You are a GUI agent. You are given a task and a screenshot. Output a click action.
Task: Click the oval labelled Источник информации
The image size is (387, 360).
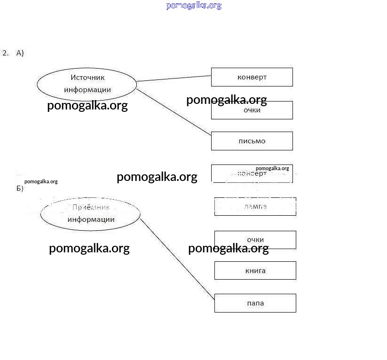(x=87, y=84)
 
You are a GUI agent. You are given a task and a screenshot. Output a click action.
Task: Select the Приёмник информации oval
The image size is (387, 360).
(x=90, y=214)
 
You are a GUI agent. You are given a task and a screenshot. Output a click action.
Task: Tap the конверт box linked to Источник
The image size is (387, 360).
(x=252, y=77)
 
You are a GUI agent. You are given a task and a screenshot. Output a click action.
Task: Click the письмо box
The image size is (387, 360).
(x=252, y=141)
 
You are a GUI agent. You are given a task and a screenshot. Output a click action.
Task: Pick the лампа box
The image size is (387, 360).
(x=255, y=206)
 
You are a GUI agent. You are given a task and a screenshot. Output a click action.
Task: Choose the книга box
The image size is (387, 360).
(x=255, y=271)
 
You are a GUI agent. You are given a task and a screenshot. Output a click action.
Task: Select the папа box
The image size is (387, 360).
(x=255, y=303)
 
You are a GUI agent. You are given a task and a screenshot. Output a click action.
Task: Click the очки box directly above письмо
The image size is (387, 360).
(x=252, y=110)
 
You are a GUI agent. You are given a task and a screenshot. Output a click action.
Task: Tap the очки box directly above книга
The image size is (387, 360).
(x=255, y=240)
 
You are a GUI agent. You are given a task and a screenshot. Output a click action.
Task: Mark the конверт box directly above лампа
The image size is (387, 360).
(x=252, y=173)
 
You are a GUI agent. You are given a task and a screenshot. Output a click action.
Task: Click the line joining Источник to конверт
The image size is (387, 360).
(x=174, y=78)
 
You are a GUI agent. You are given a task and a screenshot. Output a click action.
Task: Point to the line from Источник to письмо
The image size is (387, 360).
(x=174, y=112)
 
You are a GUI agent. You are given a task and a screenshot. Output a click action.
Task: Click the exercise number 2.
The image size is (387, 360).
(x=5, y=53)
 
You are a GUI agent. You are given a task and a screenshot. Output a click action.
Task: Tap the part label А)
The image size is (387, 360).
(x=20, y=53)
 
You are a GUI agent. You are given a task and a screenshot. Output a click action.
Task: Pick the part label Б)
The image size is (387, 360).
(x=20, y=189)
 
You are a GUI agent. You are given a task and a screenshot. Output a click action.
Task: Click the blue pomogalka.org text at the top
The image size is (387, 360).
(x=193, y=6)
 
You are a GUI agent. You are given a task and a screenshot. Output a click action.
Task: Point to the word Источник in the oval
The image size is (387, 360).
(x=87, y=78)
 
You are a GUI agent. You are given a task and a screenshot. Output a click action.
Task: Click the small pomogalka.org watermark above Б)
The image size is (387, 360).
(x=41, y=181)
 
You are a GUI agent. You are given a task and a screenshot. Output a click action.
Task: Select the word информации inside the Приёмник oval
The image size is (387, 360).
(x=91, y=219)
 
